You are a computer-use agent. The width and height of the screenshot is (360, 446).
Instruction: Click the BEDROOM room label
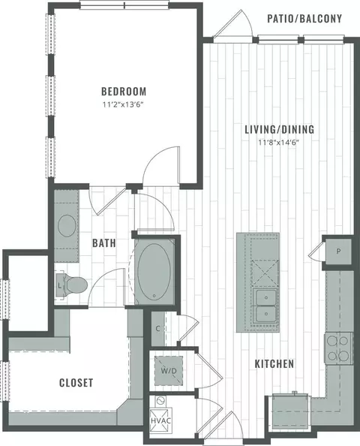tap(124, 92)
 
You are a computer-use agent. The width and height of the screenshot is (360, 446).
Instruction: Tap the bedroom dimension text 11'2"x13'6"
tap(123, 105)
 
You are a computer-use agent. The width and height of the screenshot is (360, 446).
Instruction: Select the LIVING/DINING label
tap(280, 129)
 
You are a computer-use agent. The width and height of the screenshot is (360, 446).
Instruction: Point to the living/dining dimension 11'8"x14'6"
tap(279, 143)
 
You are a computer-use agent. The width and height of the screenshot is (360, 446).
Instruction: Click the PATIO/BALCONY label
tap(304, 19)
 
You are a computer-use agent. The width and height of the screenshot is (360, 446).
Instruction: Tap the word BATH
tap(104, 243)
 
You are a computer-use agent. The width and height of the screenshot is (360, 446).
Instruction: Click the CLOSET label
tap(76, 383)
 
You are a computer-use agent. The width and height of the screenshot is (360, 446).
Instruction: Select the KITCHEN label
tap(274, 364)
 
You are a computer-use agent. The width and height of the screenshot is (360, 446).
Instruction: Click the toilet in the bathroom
tap(72, 285)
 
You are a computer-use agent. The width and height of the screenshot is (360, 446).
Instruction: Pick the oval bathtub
tap(154, 271)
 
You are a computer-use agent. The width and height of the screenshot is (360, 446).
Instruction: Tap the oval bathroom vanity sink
tap(67, 225)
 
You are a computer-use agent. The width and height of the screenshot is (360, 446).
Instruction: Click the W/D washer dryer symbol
tap(169, 371)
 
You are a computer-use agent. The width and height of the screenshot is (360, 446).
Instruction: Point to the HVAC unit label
tap(160, 420)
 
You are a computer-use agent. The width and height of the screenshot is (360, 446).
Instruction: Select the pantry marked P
tap(338, 252)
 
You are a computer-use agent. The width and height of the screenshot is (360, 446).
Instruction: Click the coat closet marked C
tap(158, 329)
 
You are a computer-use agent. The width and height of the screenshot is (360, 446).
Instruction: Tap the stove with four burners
tap(338, 348)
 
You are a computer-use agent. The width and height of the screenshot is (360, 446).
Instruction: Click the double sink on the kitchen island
tap(266, 306)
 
